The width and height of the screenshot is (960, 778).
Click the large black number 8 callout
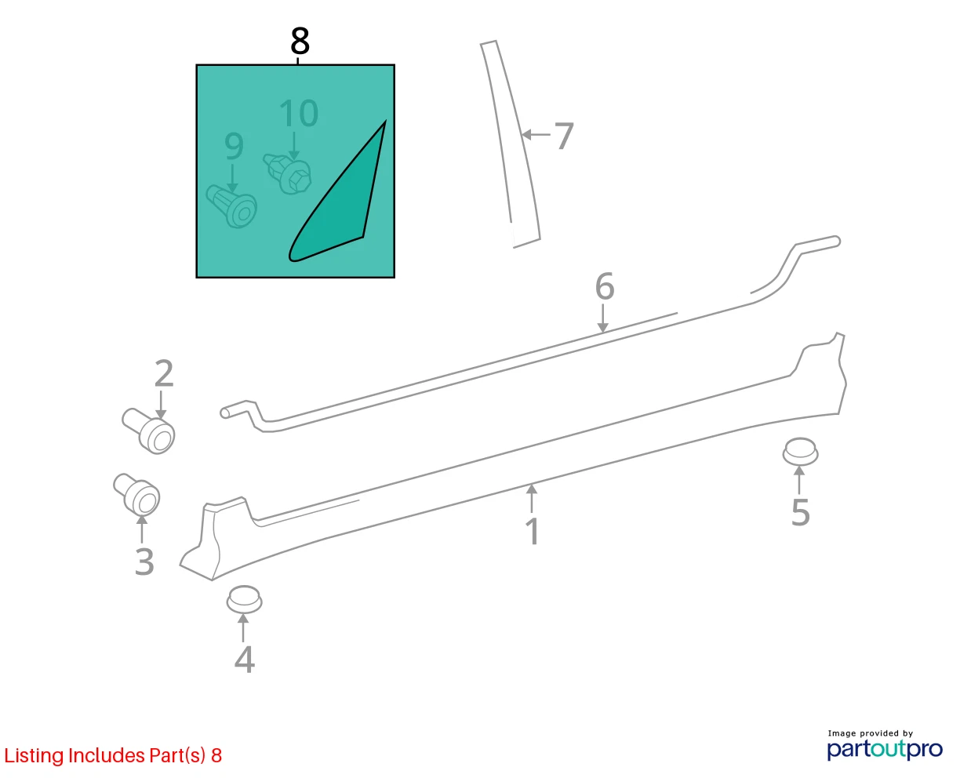click(300, 41)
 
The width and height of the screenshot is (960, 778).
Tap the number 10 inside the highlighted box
click(299, 113)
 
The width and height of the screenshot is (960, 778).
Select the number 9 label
click(234, 147)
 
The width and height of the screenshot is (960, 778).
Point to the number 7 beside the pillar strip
click(563, 136)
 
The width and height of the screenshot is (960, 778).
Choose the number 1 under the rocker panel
click(533, 532)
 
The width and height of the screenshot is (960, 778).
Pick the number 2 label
click(164, 373)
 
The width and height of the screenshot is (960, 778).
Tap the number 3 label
click(144, 562)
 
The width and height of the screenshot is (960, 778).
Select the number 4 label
click(244, 660)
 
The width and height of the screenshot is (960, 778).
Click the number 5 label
click(801, 512)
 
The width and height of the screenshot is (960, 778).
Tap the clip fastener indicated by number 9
click(231, 206)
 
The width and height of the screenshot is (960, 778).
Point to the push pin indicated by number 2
click(149, 431)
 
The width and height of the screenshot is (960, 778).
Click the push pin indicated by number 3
click(136, 494)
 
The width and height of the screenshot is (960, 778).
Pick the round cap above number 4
click(244, 599)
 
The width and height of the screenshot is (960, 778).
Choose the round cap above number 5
click(801, 451)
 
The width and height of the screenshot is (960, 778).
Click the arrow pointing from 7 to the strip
click(536, 134)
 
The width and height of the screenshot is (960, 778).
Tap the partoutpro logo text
click(885, 750)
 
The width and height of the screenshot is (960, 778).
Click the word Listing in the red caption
click(35, 756)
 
